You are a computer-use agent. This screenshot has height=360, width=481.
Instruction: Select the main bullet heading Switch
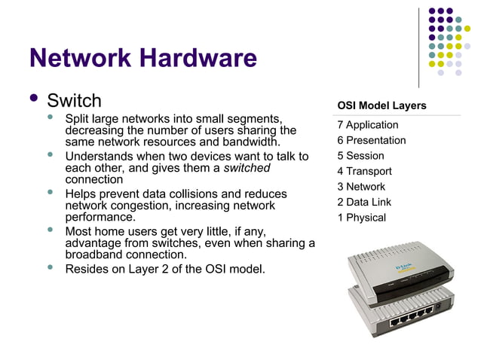point(74,100)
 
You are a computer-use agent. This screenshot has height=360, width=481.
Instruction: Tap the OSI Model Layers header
point(381,105)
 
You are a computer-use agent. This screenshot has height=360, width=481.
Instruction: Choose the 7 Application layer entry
point(367,125)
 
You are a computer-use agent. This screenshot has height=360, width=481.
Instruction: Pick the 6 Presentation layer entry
point(371,140)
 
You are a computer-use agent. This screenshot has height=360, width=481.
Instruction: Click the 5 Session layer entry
point(360,156)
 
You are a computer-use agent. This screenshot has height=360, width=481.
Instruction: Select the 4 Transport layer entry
point(364,171)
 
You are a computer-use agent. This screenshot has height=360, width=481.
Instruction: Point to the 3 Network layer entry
point(361,187)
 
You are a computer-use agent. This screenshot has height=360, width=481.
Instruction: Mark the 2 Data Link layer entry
point(363,202)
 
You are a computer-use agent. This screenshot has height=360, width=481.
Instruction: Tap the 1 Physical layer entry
point(361,218)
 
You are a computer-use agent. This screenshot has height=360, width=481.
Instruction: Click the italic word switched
point(247,168)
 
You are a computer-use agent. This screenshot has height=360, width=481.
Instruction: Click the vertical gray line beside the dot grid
point(420,45)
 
